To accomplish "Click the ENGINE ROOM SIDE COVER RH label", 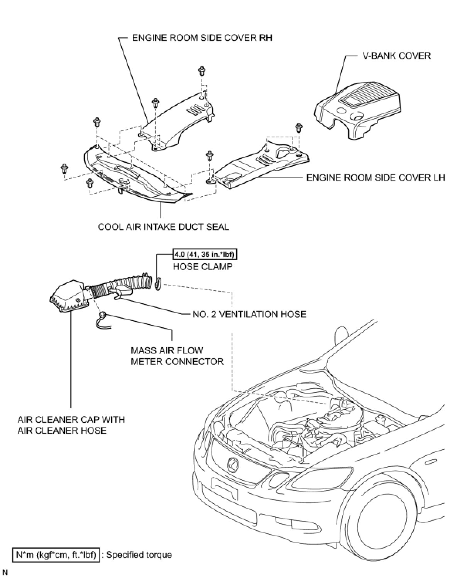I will (202, 38).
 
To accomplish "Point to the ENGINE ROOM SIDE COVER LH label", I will (376, 177).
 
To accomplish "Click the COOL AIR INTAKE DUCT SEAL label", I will (163, 226).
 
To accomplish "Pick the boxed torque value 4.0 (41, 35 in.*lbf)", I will (205, 255).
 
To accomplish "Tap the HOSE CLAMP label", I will (203, 267).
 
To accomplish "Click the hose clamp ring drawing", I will (158, 284).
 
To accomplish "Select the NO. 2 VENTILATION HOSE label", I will (249, 314).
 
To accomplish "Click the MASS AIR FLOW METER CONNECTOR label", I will (177, 356).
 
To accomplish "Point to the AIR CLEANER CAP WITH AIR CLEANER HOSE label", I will (71, 425).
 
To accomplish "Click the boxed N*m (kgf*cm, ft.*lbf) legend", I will (56, 555).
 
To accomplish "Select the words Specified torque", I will (139, 555).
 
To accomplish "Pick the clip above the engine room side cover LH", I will (298, 127).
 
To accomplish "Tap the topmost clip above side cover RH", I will (201, 72).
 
